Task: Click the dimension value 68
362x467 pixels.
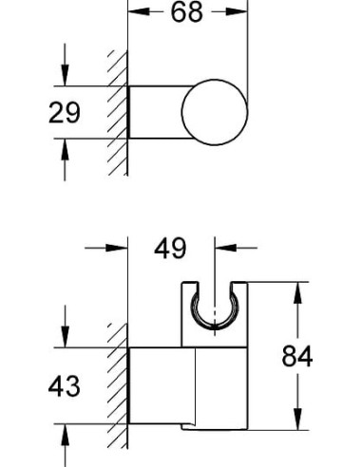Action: pyautogui.click(x=187, y=14)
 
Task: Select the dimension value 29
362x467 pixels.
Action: pyautogui.click(x=65, y=113)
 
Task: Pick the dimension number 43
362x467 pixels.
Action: pyautogui.click(x=65, y=387)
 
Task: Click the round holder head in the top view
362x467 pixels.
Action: pyautogui.click(x=216, y=113)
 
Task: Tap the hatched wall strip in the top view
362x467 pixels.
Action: pyautogui.click(x=118, y=112)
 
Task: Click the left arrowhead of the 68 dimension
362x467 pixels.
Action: pyautogui.click(x=134, y=14)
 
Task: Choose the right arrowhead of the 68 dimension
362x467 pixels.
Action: pyautogui.click(x=240, y=14)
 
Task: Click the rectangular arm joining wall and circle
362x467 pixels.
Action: pyautogui.click(x=157, y=113)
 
